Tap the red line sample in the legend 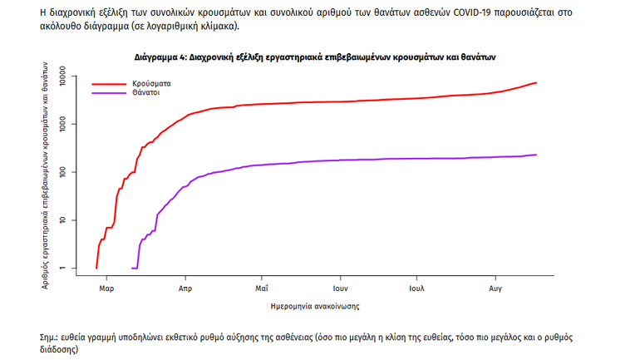108,84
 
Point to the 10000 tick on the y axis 67,76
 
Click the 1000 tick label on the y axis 67,124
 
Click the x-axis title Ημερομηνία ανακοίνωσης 315,306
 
